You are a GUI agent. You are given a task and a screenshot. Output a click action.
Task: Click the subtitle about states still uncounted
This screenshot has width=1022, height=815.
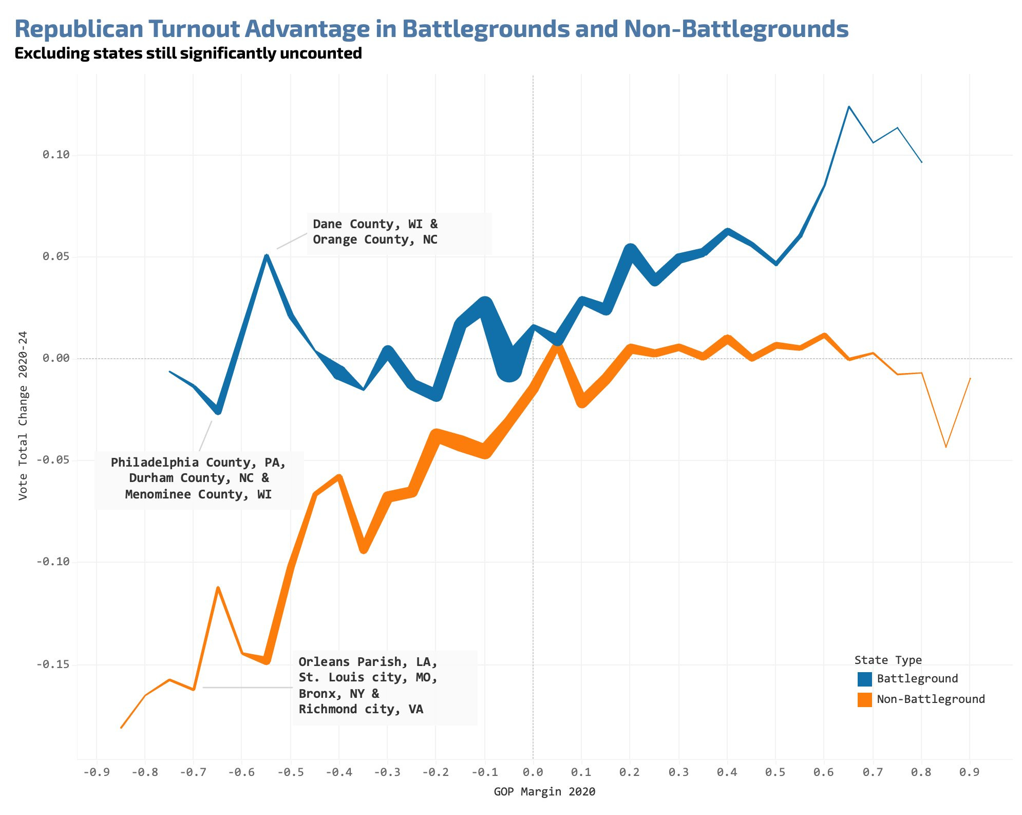[x=188, y=53]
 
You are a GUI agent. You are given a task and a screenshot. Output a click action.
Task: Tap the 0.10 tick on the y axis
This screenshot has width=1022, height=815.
[x=55, y=155]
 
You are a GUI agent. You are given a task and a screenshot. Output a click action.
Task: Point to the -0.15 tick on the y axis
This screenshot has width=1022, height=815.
[x=53, y=664]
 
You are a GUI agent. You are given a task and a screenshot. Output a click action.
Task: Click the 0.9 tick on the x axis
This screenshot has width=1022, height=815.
[x=969, y=772]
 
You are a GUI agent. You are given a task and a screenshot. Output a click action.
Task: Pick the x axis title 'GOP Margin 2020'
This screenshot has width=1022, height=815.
[x=544, y=792]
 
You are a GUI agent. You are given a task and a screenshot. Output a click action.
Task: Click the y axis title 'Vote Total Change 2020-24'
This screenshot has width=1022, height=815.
[x=23, y=416]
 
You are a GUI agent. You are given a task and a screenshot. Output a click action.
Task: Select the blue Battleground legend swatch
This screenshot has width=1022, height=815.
[x=864, y=679]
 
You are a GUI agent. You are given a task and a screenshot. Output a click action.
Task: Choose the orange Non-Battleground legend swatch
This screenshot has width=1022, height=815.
[x=864, y=699]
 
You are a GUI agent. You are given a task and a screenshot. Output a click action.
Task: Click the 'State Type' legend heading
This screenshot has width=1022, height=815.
[x=888, y=660]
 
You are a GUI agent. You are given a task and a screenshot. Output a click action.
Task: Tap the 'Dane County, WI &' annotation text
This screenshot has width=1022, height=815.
[x=375, y=224]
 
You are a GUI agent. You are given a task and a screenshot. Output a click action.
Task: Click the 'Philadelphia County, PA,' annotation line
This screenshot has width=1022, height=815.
[x=198, y=462]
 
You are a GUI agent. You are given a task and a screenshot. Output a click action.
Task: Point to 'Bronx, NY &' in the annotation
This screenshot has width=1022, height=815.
[x=339, y=694]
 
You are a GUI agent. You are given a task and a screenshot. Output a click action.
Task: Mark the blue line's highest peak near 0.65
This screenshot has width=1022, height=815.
[x=848, y=106]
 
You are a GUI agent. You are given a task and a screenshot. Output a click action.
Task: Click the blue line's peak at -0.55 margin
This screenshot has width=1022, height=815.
[x=267, y=255]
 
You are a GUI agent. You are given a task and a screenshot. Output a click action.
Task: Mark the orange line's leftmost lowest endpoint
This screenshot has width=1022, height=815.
[x=121, y=728]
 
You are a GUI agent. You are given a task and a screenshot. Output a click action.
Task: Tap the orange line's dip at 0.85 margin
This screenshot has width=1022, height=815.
[x=945, y=447]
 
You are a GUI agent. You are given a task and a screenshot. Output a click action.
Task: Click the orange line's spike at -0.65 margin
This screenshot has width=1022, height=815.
[x=218, y=587]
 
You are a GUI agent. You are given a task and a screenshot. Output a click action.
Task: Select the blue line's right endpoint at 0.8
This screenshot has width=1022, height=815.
[x=921, y=162]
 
